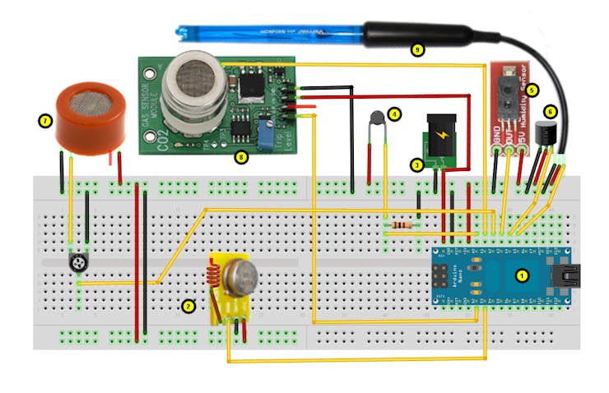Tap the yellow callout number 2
click(x=188, y=306)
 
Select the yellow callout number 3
click(x=417, y=164)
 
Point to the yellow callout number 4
click(x=394, y=113)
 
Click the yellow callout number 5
click(x=532, y=90)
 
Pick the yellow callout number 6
click(x=551, y=110)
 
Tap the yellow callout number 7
click(x=45, y=121)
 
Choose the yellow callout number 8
click(x=240, y=156)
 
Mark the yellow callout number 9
click(x=418, y=50)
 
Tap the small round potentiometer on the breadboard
click(x=79, y=262)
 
